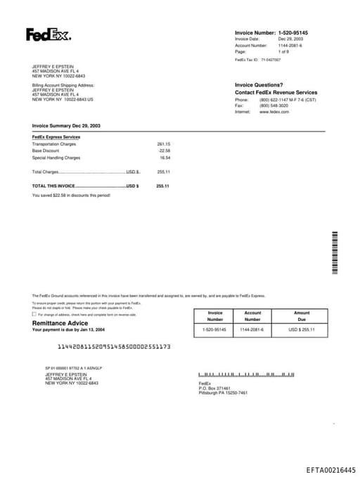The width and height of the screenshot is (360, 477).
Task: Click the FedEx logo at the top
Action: click(x=49, y=34)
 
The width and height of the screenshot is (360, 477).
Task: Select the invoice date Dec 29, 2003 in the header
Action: click(x=290, y=39)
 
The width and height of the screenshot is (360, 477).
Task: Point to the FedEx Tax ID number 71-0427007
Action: click(x=271, y=60)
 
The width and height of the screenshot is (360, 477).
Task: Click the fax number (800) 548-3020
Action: click(x=274, y=106)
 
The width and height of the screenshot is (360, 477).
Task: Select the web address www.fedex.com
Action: click(x=274, y=112)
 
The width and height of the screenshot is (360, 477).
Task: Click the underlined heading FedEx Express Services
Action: click(x=56, y=136)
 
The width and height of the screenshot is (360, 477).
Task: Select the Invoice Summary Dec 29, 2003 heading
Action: click(x=66, y=125)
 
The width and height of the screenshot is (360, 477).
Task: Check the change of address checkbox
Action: click(x=34, y=314)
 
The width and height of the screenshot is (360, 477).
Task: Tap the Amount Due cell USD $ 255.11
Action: click(x=302, y=329)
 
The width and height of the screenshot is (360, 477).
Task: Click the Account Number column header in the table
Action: click(x=252, y=316)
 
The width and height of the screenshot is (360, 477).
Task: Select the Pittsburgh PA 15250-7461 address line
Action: click(x=223, y=393)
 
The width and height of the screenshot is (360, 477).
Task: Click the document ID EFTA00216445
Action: click(x=330, y=469)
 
